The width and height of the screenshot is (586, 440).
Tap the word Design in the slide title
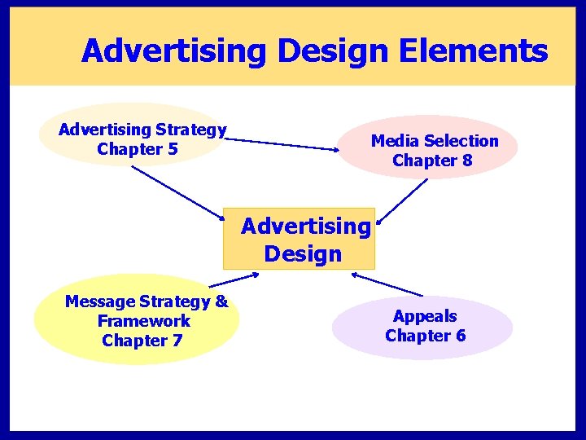334,51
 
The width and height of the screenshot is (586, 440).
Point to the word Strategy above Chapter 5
191,130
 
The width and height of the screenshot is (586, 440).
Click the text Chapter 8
432,161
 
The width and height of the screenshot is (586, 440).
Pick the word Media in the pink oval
395,141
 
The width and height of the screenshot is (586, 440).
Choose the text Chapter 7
142,341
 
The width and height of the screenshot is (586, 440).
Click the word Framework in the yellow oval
143,321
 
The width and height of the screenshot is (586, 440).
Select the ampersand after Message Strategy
221,301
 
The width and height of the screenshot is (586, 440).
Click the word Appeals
425,316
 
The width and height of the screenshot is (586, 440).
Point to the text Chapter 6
426,336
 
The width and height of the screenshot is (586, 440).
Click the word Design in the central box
303,254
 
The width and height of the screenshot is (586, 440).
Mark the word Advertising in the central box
305,226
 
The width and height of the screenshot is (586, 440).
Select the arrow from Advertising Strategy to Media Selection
285,144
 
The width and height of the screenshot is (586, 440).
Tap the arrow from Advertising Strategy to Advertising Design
179,194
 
